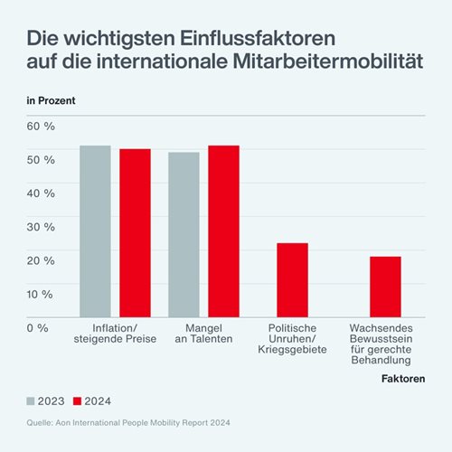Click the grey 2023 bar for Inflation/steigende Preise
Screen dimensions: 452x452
click(x=95, y=231)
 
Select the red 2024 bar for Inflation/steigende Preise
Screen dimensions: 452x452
click(x=135, y=233)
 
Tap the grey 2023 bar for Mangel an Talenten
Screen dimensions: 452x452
click(x=184, y=235)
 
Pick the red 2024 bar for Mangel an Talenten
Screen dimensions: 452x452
click(x=223, y=231)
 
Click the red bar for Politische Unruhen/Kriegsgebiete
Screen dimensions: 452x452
click(x=292, y=280)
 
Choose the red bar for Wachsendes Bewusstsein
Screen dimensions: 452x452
click(x=384, y=287)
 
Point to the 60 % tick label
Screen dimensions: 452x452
click(x=41, y=126)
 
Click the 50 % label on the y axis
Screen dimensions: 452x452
click(x=41, y=159)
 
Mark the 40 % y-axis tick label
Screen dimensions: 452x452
click(x=41, y=193)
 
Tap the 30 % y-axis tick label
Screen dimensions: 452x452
click(x=41, y=227)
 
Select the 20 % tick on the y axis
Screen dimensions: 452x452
click(x=41, y=260)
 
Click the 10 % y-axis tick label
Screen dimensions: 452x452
click(x=41, y=294)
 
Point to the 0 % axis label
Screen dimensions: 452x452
click(x=37, y=327)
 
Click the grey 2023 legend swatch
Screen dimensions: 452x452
click(x=32, y=400)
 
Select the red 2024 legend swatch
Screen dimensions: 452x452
click(x=77, y=400)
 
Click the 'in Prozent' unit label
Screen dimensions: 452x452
click(x=50, y=99)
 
